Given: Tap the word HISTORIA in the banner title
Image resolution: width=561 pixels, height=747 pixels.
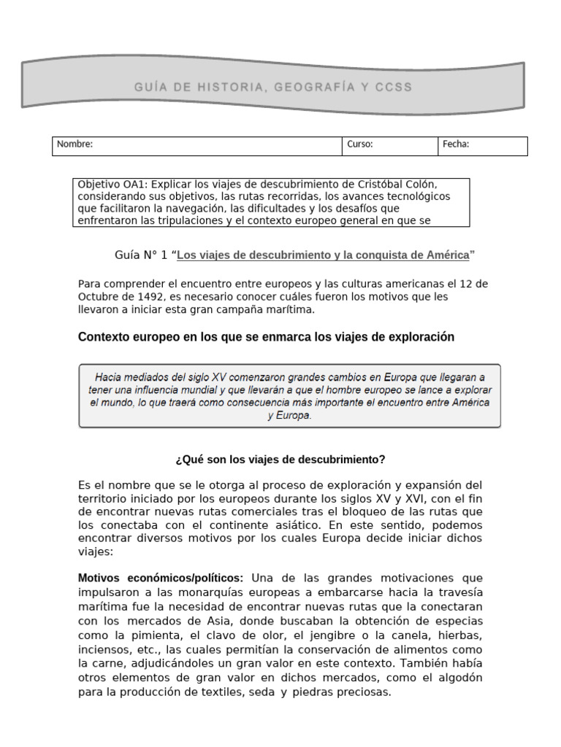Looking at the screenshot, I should coord(225,88).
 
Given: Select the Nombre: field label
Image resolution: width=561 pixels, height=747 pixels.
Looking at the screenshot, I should coord(75,144).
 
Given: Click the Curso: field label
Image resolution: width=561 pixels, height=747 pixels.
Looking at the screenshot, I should coord(360,144).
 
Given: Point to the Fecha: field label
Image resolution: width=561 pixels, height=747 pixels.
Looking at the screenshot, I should coord(456,144).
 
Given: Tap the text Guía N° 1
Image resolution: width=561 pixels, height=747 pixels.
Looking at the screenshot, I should coord(142,255).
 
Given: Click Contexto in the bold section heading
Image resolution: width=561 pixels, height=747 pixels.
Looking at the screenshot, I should coord(104,337).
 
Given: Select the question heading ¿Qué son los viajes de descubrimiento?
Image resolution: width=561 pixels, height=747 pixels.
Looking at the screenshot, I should coord(280,460).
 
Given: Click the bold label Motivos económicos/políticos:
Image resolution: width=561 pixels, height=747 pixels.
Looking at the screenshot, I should coord(161,578).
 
